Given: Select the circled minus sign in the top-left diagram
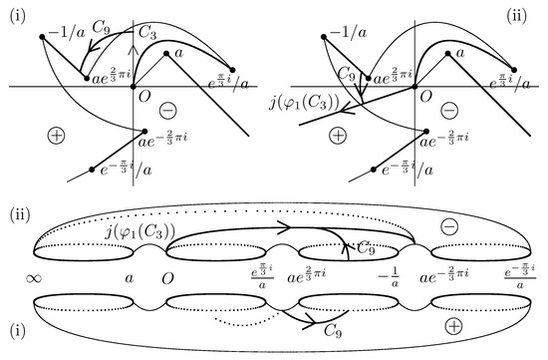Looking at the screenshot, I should tap(171, 109).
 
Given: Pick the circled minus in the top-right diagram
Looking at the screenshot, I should tap(449, 109).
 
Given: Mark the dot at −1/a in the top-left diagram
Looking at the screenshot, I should tap(43, 37).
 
